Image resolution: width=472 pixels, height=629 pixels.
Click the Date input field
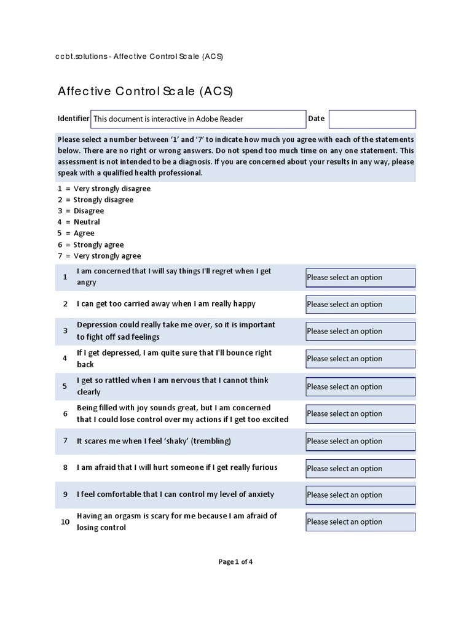pyautogui.click(x=372, y=119)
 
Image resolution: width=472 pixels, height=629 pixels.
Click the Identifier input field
pyautogui.click(x=198, y=119)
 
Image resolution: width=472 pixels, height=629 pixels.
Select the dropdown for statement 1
pyautogui.click(x=360, y=278)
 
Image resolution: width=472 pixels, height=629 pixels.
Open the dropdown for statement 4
pyautogui.click(x=360, y=359)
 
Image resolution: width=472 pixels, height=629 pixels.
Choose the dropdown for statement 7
pyautogui.click(x=360, y=441)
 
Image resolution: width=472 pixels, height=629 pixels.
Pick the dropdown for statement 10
pyautogui.click(x=360, y=522)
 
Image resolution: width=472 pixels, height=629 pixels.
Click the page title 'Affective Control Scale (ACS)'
pyautogui.click(x=146, y=92)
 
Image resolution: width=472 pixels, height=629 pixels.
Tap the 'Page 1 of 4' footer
pyautogui.click(x=235, y=561)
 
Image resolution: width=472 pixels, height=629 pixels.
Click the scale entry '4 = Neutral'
pyautogui.click(x=79, y=222)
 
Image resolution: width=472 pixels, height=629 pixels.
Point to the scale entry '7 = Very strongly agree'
pyautogui.click(x=99, y=256)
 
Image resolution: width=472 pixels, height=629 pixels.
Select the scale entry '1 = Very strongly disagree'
pyautogui.click(x=104, y=189)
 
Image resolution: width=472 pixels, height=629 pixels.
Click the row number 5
pyautogui.click(x=65, y=386)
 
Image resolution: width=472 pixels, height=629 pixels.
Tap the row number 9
pyautogui.click(x=65, y=494)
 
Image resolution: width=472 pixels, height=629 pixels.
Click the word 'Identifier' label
pyautogui.click(x=73, y=119)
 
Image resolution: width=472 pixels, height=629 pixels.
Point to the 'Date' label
pyautogui.click(x=316, y=119)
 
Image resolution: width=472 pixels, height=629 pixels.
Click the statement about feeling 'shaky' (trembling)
pyautogui.click(x=154, y=441)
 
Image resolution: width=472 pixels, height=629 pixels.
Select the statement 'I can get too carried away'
pyautogui.click(x=166, y=304)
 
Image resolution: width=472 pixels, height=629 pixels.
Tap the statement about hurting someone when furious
pyautogui.click(x=177, y=467)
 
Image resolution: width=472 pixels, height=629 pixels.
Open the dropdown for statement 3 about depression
pyautogui.click(x=360, y=332)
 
